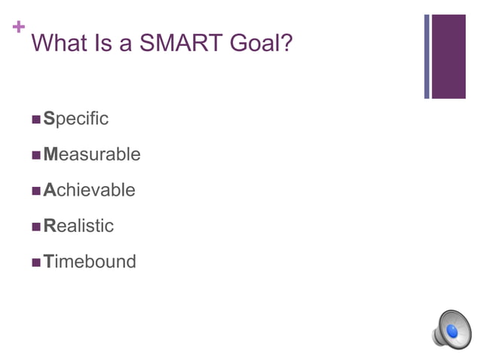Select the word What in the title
pyautogui.click(x=63, y=43)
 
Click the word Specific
pyautogui.click(x=76, y=119)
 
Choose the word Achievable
pyautogui.click(x=90, y=190)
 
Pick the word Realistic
pyautogui.click(x=78, y=226)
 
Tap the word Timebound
pyautogui.click(x=90, y=261)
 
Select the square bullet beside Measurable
pyautogui.click(x=36, y=155)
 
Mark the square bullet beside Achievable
pyautogui.click(x=36, y=191)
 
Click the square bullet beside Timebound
pyautogui.click(x=36, y=262)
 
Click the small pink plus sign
pyautogui.click(x=18, y=28)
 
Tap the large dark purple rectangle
pyautogui.click(x=449, y=56)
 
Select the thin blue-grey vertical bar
pyautogui.click(x=427, y=56)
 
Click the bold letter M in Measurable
pyautogui.click(x=51, y=154)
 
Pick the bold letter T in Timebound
pyautogui.click(x=48, y=261)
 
